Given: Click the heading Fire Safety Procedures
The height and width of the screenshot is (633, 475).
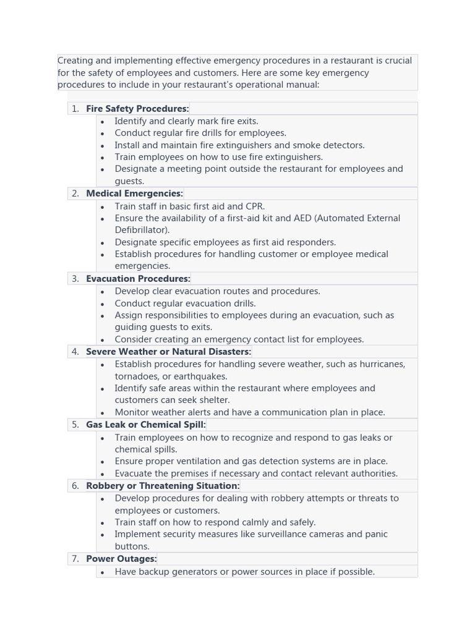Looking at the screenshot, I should (x=137, y=109).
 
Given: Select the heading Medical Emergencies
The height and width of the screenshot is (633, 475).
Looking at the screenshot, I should (x=134, y=193).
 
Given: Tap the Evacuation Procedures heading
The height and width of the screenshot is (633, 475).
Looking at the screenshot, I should (x=138, y=279).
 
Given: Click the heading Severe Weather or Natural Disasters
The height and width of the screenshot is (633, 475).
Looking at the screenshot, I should (x=168, y=352).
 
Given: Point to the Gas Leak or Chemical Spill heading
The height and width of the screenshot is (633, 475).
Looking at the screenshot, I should (x=145, y=425).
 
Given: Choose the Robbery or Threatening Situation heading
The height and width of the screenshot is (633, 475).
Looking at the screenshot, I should (x=163, y=486).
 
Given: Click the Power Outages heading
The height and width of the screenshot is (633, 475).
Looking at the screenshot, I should (x=121, y=559).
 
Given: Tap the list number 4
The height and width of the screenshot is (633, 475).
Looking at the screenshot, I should (x=75, y=352).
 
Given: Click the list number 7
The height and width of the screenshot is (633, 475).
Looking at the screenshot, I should (x=75, y=559).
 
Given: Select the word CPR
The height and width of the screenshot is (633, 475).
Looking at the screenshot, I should (x=254, y=206).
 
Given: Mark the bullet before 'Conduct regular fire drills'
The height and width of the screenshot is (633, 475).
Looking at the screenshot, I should (x=102, y=134).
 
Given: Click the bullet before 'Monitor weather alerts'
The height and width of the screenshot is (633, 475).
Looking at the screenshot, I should (x=102, y=413).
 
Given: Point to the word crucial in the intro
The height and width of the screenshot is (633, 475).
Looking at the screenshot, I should (x=394, y=61).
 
